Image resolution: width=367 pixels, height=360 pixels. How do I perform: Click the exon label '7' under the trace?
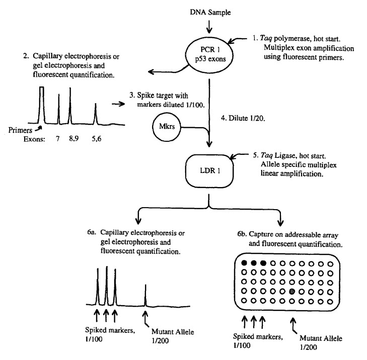(x=58, y=135)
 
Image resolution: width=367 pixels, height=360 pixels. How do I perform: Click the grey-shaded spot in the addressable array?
(x=292, y=291)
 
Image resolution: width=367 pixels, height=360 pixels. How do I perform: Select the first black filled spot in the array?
(x=245, y=263)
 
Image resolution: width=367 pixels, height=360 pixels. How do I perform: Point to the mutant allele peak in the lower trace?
(x=145, y=294)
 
